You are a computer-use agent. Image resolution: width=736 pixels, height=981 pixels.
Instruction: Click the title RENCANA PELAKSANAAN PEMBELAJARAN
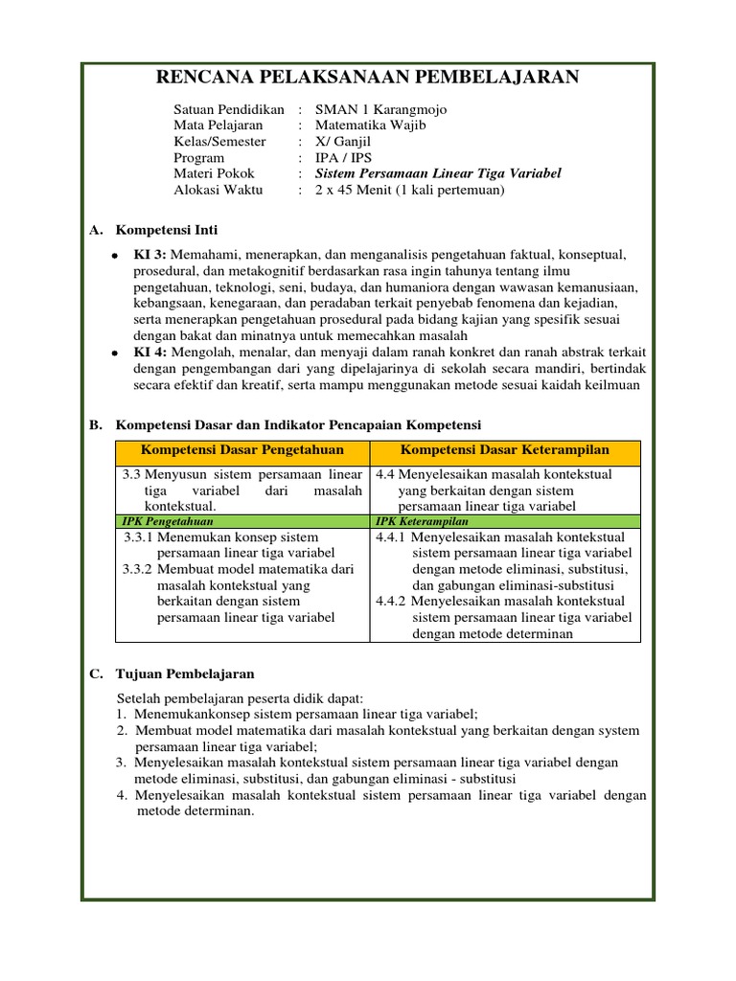(367, 78)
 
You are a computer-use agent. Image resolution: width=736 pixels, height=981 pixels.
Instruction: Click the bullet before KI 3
(114, 256)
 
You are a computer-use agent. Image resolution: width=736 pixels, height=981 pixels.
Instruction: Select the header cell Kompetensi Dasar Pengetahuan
(242, 450)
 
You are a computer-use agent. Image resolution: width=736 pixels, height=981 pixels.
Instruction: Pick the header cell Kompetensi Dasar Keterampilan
(505, 450)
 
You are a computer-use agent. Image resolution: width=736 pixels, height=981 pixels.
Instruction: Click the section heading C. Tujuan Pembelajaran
(172, 673)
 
